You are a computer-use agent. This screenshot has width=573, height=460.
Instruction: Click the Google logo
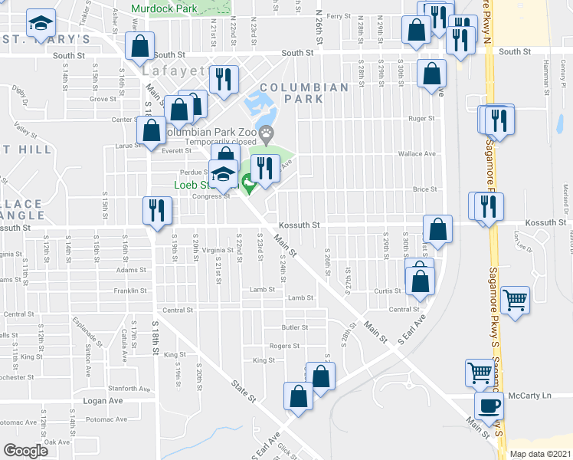click(25, 451)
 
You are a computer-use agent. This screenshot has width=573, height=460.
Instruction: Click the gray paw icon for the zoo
click(266, 133)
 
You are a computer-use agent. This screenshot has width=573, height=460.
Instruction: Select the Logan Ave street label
click(103, 400)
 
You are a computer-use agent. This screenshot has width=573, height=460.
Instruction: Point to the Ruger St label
click(421, 119)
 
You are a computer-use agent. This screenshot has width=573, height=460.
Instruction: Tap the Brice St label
click(424, 189)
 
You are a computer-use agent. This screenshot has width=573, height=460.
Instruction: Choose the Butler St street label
click(294, 327)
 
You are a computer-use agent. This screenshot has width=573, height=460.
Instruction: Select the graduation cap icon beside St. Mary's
click(41, 23)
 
